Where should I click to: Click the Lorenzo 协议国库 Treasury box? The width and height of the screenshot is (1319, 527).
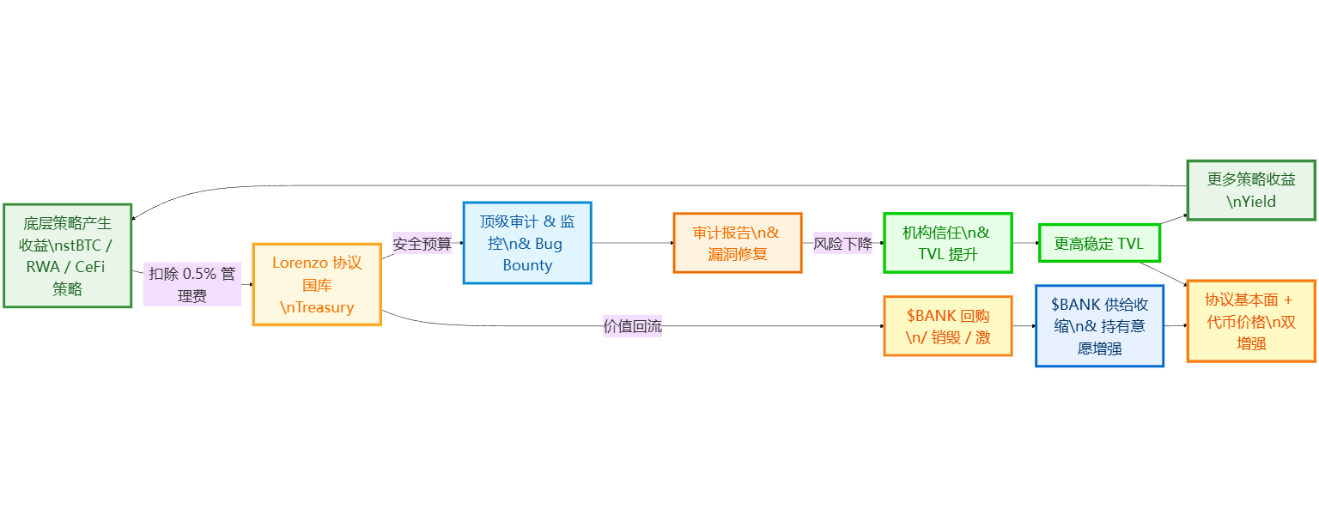tap(317, 284)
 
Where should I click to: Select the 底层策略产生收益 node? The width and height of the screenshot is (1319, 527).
tap(68, 256)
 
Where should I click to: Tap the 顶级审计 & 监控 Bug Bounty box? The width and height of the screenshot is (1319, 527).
tap(527, 243)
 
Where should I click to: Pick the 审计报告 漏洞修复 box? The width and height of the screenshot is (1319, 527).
tap(738, 243)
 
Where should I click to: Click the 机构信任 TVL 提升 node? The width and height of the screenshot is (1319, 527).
tap(948, 243)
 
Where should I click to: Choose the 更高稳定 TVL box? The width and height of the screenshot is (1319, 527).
tap(1099, 243)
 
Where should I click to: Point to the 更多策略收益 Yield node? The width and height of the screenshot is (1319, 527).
tap(1250, 191)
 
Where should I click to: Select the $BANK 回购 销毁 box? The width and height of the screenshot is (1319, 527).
tap(948, 326)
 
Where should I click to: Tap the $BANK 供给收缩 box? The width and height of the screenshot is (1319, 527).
tap(1099, 326)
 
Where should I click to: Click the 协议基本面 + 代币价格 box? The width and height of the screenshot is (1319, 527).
tap(1251, 321)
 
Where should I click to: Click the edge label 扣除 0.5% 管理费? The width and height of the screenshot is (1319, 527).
tap(192, 284)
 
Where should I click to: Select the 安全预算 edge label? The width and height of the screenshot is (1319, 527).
tap(422, 243)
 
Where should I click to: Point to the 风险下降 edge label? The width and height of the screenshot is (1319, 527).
tap(842, 243)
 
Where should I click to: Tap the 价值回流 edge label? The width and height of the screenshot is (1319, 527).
tap(633, 326)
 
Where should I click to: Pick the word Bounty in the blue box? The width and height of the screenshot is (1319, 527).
tap(527, 265)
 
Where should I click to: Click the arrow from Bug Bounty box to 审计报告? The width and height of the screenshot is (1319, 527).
tap(633, 243)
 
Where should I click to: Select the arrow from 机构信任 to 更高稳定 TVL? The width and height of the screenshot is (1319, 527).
tap(1025, 243)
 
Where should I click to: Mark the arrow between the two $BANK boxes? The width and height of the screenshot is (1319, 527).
tap(1024, 326)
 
